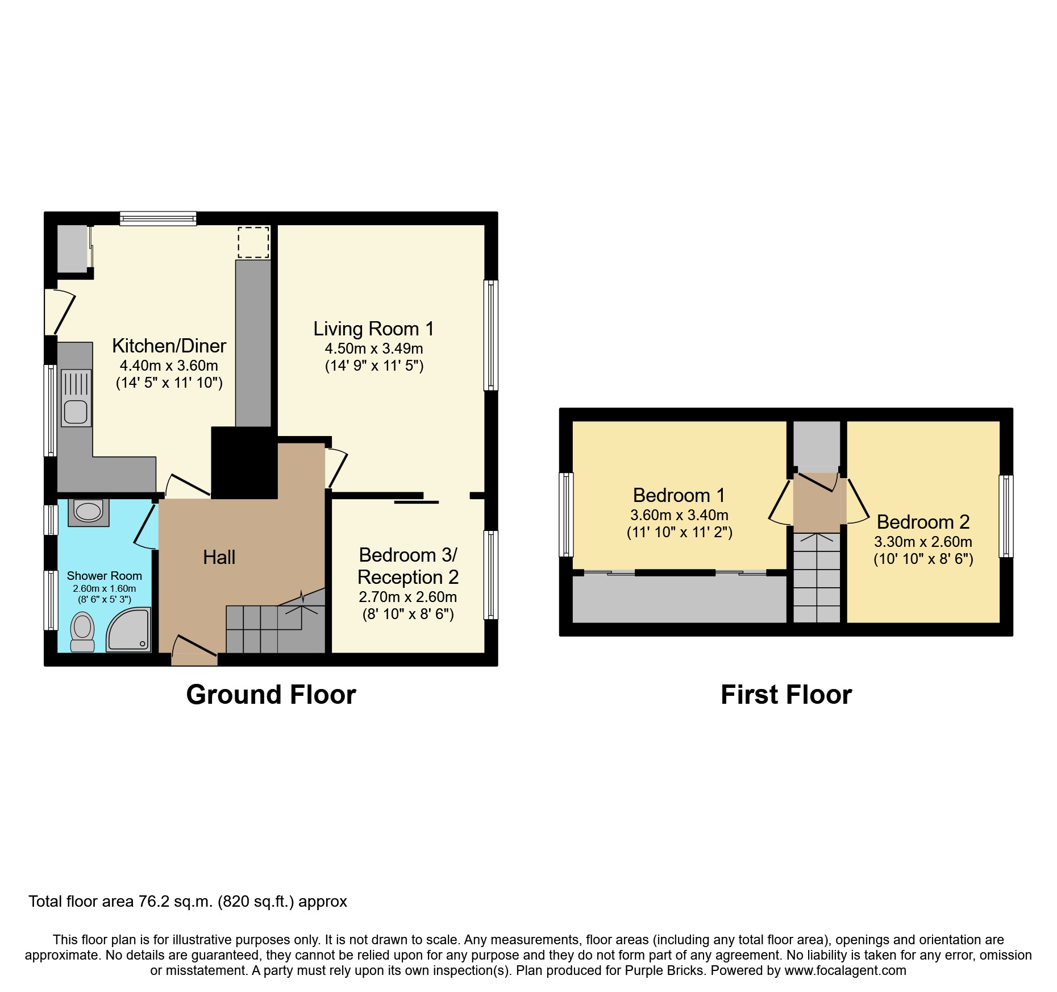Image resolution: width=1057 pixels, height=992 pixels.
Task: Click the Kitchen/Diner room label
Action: tap(169, 346)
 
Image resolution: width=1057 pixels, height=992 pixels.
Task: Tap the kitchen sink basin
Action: tap(76, 412)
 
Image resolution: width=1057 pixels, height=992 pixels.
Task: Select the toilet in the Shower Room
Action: tap(83, 631)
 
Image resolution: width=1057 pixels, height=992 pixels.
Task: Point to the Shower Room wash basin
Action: tap(88, 511)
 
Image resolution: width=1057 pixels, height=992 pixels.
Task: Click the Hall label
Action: tap(219, 557)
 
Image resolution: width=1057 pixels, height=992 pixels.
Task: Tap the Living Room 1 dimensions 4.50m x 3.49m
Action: tap(373, 348)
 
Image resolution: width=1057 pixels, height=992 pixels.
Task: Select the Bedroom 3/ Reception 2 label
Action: tap(407, 566)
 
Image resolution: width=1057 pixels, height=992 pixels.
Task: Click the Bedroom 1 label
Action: tap(679, 495)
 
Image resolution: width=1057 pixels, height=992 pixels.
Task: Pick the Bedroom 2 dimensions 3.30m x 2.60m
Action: tap(922, 542)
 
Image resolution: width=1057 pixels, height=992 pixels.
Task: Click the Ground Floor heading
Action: tap(271, 695)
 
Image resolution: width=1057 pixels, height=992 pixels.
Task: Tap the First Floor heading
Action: tap(786, 695)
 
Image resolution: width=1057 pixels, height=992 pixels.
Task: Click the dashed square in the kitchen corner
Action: tap(253, 242)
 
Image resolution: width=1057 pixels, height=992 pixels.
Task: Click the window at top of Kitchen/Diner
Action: tap(158, 218)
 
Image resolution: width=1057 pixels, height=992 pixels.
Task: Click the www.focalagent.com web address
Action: tap(845, 970)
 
